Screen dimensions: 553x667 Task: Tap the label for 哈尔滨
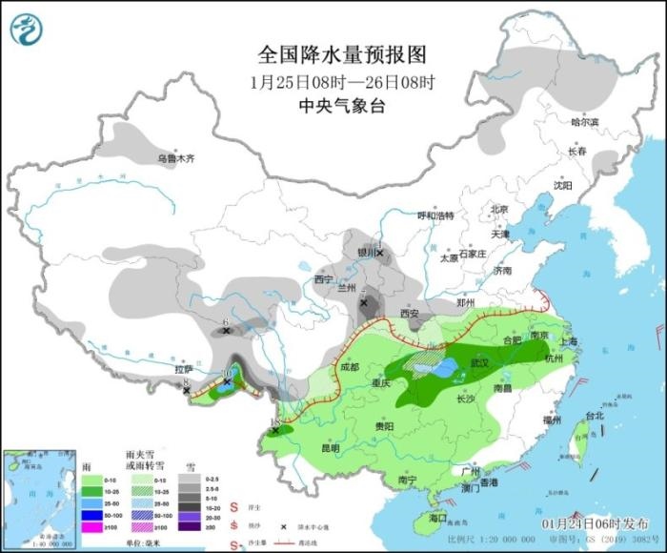point(584,122)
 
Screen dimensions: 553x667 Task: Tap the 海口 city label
point(437,518)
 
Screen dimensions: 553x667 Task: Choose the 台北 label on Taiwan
point(594,416)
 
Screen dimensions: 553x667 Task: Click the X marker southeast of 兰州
point(364,302)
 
